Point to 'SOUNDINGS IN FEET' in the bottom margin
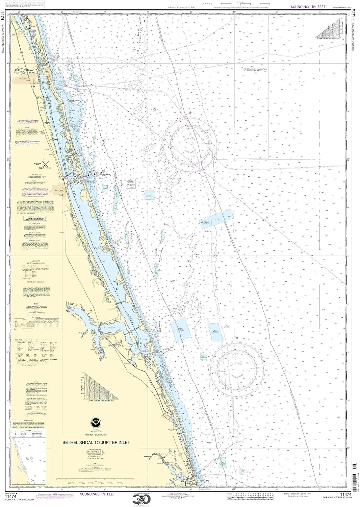98,494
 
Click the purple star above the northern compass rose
190,112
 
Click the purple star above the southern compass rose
237,337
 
